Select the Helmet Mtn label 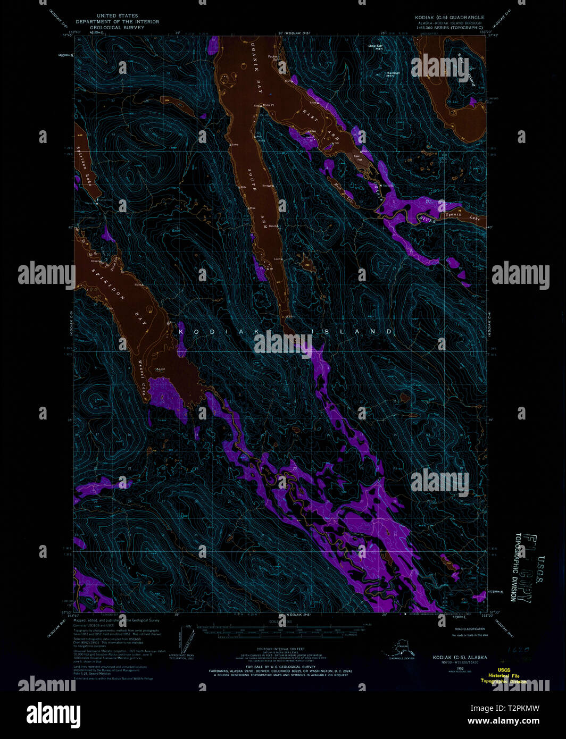[x=393, y=74]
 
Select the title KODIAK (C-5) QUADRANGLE [x=450, y=18]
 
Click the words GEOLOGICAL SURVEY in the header [x=117, y=28]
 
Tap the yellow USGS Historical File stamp [x=503, y=675]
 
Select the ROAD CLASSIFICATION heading [x=470, y=629]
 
